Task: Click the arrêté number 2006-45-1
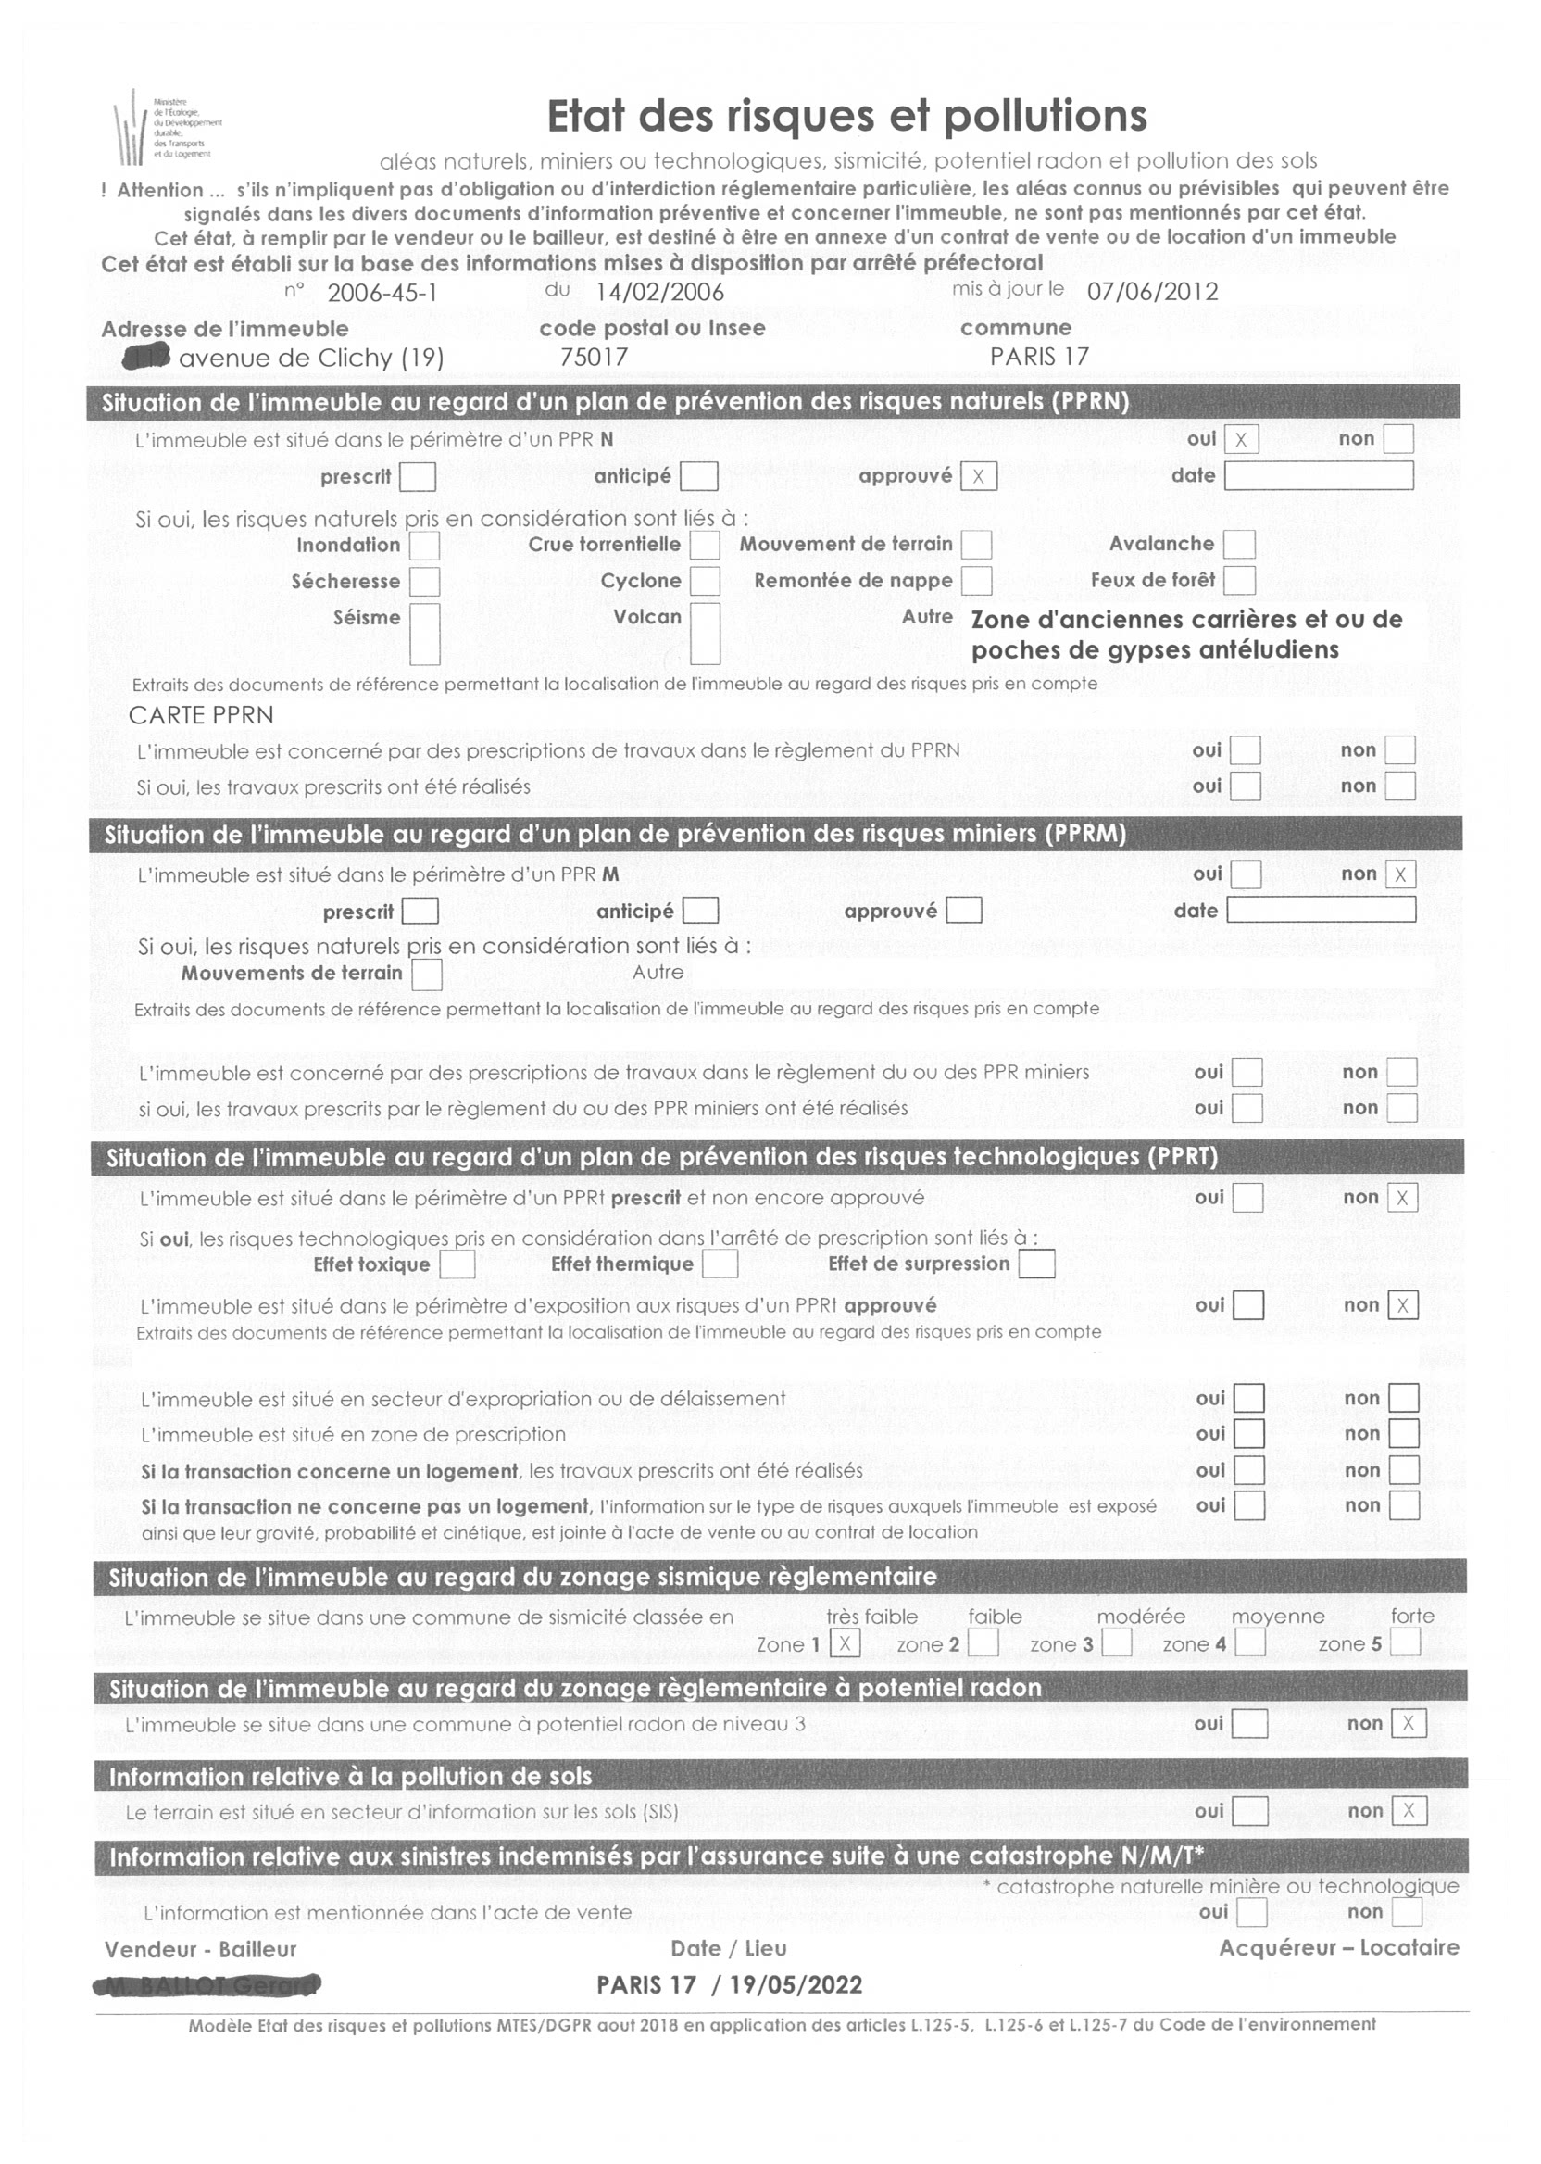[x=382, y=293]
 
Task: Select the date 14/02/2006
[x=659, y=293]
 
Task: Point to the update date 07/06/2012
[x=1152, y=292]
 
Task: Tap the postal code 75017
[x=594, y=358]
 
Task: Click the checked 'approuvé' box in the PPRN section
[x=978, y=476]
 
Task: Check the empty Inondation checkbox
[x=424, y=546]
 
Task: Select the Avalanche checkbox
[x=1238, y=545]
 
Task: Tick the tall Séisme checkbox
[x=424, y=634]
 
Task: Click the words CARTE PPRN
[x=201, y=716]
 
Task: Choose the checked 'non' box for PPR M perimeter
[x=1399, y=875]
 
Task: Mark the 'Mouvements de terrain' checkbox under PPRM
[x=427, y=975]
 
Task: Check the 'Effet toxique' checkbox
[x=457, y=1264]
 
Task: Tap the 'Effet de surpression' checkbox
[x=1036, y=1264]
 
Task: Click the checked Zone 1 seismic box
[x=845, y=1644]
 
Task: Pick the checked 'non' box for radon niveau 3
[x=1409, y=1724]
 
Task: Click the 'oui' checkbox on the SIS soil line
[x=1249, y=1811]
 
